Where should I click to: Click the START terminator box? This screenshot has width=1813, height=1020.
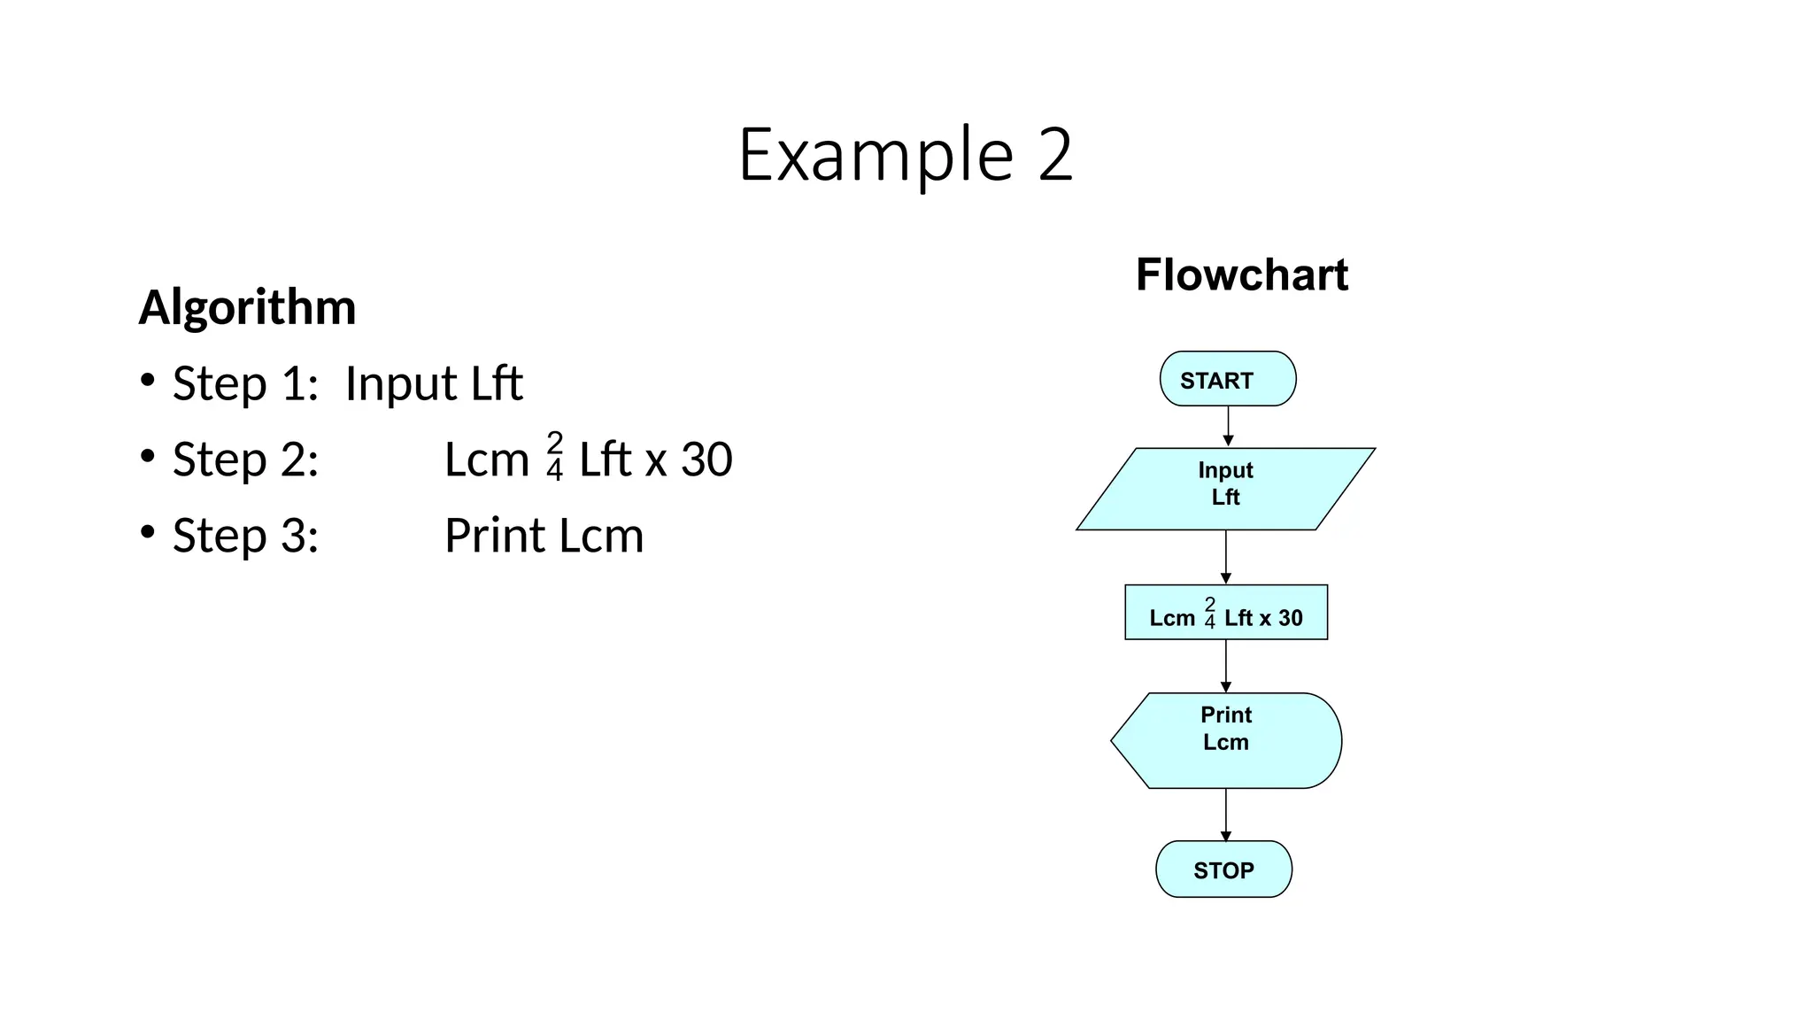1227,379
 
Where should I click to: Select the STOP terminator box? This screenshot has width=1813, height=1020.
1223,869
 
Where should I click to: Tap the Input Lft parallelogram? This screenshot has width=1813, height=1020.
1225,489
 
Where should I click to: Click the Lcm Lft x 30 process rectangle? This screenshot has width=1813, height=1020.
1225,613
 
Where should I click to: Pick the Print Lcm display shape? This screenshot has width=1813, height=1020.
1226,740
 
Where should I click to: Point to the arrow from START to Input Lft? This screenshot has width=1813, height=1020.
1228,427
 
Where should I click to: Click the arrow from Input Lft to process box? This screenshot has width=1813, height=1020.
1226,557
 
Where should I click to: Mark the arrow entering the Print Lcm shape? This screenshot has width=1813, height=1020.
1226,666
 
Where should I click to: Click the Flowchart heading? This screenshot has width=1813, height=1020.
1241,274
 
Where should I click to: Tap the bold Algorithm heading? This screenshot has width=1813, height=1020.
247,307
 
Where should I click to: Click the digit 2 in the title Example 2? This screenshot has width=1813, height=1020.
1055,155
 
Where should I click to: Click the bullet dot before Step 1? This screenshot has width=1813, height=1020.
148,381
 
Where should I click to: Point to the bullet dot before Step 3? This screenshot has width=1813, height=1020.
148,532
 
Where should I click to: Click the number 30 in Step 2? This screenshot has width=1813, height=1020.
706,460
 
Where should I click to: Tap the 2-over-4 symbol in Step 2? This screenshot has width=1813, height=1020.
555,457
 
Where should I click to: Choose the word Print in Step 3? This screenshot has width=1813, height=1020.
495,536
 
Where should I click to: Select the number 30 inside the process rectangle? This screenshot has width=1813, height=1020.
1291,618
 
